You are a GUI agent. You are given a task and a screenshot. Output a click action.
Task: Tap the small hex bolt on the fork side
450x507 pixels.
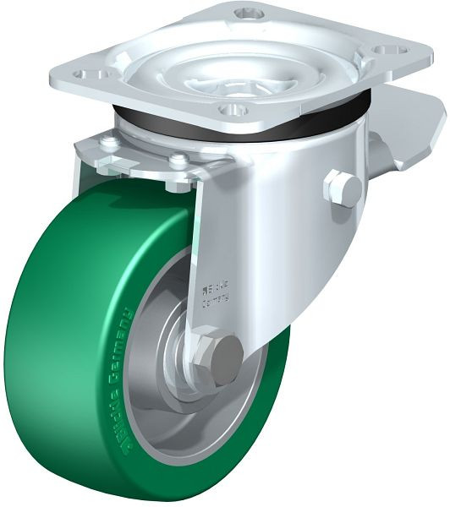pyautogui.click(x=342, y=188)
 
